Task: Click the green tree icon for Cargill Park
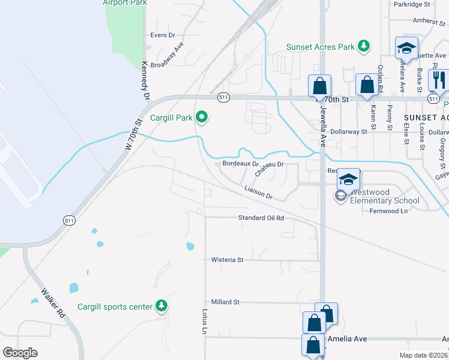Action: [x=202, y=118]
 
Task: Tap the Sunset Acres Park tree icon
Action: [x=363, y=46]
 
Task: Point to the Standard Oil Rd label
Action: [x=261, y=218]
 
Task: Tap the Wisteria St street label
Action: [x=227, y=260]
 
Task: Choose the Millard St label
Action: [x=225, y=302]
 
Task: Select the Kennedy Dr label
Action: [x=145, y=80]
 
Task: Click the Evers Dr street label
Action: [x=162, y=35]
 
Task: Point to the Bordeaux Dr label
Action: [x=240, y=163]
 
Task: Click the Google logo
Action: [x=20, y=353]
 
